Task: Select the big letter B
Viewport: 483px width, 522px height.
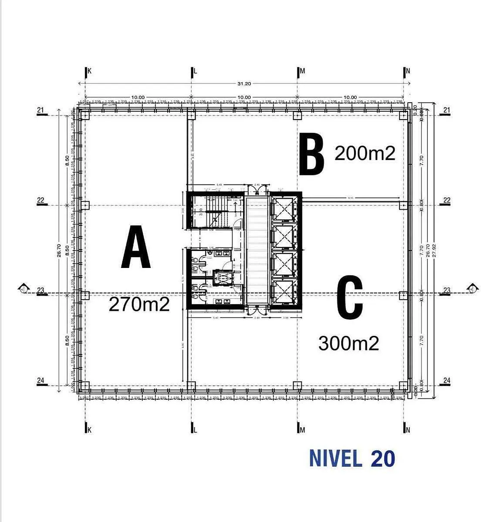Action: click(x=312, y=154)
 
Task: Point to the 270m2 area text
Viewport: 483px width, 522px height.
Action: click(x=139, y=304)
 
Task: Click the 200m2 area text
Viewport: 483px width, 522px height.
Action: click(x=365, y=153)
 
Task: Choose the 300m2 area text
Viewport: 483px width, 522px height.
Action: click(x=348, y=344)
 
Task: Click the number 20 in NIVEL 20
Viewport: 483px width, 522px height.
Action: click(x=383, y=458)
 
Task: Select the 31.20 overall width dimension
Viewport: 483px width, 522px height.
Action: click(x=244, y=84)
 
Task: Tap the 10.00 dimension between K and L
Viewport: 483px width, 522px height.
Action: click(x=138, y=97)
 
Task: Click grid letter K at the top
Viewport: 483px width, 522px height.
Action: click(x=90, y=71)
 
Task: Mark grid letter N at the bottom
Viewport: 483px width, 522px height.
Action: click(x=408, y=430)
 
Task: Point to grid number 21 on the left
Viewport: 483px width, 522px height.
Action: click(x=41, y=110)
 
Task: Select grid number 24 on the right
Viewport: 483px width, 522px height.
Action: click(x=446, y=380)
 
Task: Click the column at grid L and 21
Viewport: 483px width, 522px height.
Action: click(x=191, y=115)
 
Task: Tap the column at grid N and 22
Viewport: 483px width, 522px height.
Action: click(x=403, y=205)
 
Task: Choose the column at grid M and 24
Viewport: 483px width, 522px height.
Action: click(x=297, y=385)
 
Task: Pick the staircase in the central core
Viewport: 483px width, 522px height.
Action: click(x=213, y=211)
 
